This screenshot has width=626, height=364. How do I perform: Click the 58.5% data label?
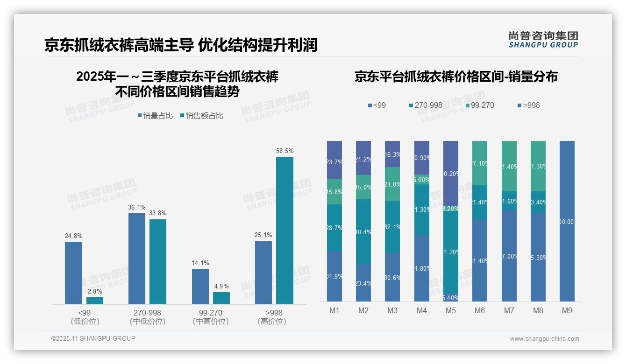coord(285,151)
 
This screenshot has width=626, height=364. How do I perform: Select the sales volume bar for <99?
coord(73,273)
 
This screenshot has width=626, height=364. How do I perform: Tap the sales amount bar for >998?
coord(285,231)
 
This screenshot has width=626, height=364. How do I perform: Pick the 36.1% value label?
coord(137,208)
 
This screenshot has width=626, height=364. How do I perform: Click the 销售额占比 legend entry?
coord(201,116)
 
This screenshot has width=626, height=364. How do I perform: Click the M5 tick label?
coord(450,310)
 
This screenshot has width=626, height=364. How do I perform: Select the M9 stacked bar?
coord(567,221)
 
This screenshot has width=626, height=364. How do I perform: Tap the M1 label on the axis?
coord(334,310)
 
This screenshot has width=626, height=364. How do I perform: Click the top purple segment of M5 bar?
coord(450,173)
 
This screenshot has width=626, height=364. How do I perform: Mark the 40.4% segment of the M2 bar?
coord(363,231)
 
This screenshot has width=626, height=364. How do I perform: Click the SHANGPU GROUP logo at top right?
coord(543,40)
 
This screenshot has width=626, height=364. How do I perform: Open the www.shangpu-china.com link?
coord(544,339)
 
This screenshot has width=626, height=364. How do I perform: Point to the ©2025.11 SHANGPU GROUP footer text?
coord(93,339)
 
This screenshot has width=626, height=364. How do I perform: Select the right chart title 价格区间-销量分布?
coord(456,77)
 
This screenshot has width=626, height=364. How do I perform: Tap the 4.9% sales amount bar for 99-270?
coord(221,298)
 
